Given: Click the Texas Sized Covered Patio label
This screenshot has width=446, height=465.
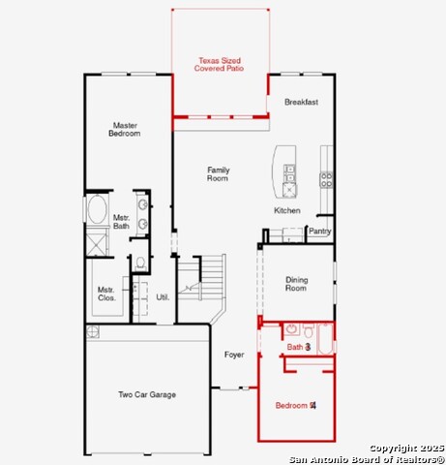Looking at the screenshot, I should (x=219, y=65).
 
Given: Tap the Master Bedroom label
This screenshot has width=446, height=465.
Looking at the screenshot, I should (x=125, y=129).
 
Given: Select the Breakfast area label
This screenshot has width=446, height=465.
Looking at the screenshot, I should (x=301, y=102).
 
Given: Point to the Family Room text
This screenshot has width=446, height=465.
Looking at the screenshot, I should (x=218, y=174).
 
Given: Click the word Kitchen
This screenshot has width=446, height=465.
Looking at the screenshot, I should (x=287, y=210).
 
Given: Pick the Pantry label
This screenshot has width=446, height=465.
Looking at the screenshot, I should (x=319, y=232).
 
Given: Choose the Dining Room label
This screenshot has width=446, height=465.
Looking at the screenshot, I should (x=296, y=284).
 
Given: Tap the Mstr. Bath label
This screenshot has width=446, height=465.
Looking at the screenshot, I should (x=122, y=222).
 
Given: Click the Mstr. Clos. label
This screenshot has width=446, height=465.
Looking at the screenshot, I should (x=106, y=294).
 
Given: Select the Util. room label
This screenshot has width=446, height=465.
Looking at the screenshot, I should (x=163, y=296).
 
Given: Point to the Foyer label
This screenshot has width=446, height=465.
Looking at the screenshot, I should (x=234, y=355).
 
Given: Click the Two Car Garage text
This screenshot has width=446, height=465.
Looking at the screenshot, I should (x=147, y=394).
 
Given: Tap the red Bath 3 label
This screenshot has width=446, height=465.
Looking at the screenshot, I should (x=298, y=346).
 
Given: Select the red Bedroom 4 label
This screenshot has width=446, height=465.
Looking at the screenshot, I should (x=295, y=405).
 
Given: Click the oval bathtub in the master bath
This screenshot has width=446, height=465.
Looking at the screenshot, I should (x=98, y=211).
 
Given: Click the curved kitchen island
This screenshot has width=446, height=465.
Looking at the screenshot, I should (x=282, y=168).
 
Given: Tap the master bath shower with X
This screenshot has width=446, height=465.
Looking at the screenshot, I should (x=97, y=242).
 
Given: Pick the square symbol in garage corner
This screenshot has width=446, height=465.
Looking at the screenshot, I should (x=94, y=332).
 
